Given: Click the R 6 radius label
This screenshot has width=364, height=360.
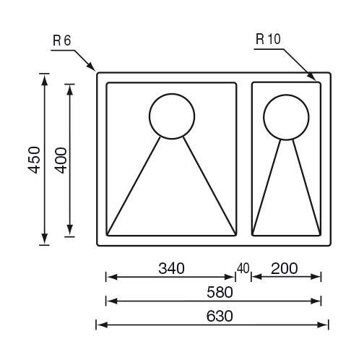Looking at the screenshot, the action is pos(62,40).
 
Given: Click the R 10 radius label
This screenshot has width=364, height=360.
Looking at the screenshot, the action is pos(268,39).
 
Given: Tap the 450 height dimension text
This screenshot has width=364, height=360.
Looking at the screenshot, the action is pos(34,160).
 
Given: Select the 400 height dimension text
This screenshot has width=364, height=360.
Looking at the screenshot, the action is pos(61,160).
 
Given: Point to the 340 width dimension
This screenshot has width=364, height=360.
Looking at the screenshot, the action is pos(171,268).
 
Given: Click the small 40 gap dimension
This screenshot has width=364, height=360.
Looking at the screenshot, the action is pos(243,268).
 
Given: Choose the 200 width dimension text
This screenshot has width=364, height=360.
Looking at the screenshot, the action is pos(285,268).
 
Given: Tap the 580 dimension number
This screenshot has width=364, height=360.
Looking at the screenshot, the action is pos(220,292).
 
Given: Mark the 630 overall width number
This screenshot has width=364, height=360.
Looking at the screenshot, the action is pos(220,316).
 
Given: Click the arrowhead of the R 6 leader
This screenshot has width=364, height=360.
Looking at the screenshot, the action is pos(91,67).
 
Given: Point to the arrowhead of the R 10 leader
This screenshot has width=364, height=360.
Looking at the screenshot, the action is pos(312,76).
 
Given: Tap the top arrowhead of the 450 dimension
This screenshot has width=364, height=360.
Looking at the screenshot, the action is pos(44,80).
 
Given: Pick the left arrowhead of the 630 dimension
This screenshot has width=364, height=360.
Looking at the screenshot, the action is pos(102,325).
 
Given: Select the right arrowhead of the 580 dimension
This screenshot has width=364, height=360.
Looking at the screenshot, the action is pos(316,301).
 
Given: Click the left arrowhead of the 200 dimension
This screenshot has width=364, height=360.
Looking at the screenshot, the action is pos(257,277).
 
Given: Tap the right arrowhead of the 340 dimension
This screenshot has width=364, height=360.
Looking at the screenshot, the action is pos(230,277).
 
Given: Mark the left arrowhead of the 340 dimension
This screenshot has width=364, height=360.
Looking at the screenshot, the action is pos(112,277).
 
